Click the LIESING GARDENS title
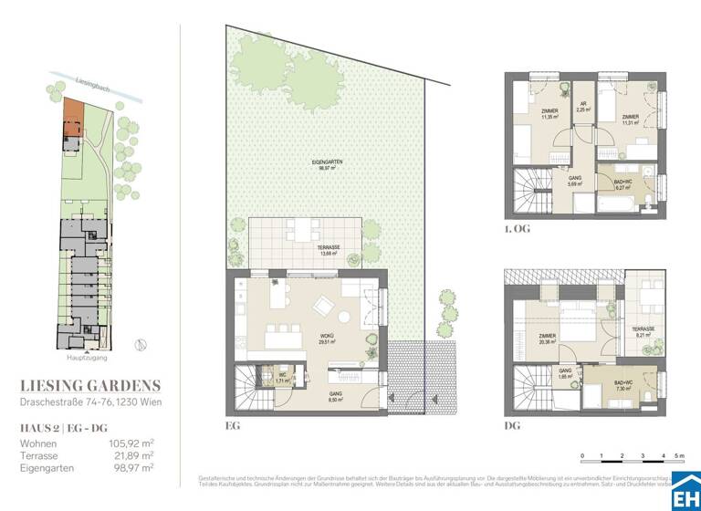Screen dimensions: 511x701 tap(90, 384)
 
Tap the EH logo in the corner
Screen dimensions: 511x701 tap(685, 494)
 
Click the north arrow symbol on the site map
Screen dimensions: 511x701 tap(139, 344)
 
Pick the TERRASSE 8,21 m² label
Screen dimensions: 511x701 tap(644, 334)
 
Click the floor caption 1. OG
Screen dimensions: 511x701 tap(516, 229)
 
